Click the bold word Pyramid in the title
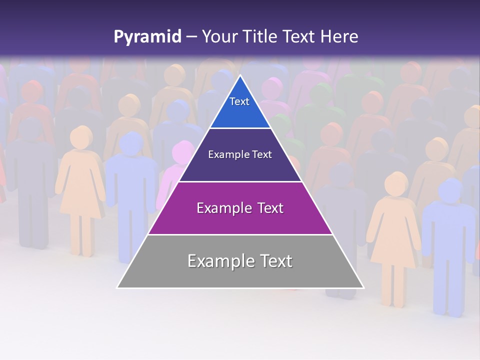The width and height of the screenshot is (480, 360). coord(147,36)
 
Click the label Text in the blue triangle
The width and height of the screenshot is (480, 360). coord(239,101)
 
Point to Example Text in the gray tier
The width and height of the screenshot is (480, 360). coord(240,261)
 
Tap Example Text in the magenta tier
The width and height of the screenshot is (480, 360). coord(240,208)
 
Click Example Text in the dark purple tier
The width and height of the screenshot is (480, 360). coord(240,154)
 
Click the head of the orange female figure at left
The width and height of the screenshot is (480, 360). coord(80,137)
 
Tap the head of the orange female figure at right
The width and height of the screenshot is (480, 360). coord(396,184)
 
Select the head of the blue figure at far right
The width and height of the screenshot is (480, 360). coord(450,190)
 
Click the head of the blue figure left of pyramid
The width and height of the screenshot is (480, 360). coord(131,143)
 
